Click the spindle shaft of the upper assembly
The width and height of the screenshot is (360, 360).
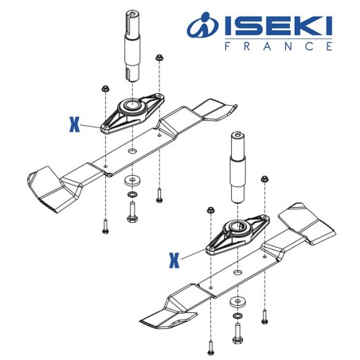click(x=131, y=48)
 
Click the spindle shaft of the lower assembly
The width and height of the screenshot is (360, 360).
click(x=237, y=167)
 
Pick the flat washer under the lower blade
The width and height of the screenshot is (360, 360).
click(x=237, y=303)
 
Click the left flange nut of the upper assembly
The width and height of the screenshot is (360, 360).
click(x=105, y=87)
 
